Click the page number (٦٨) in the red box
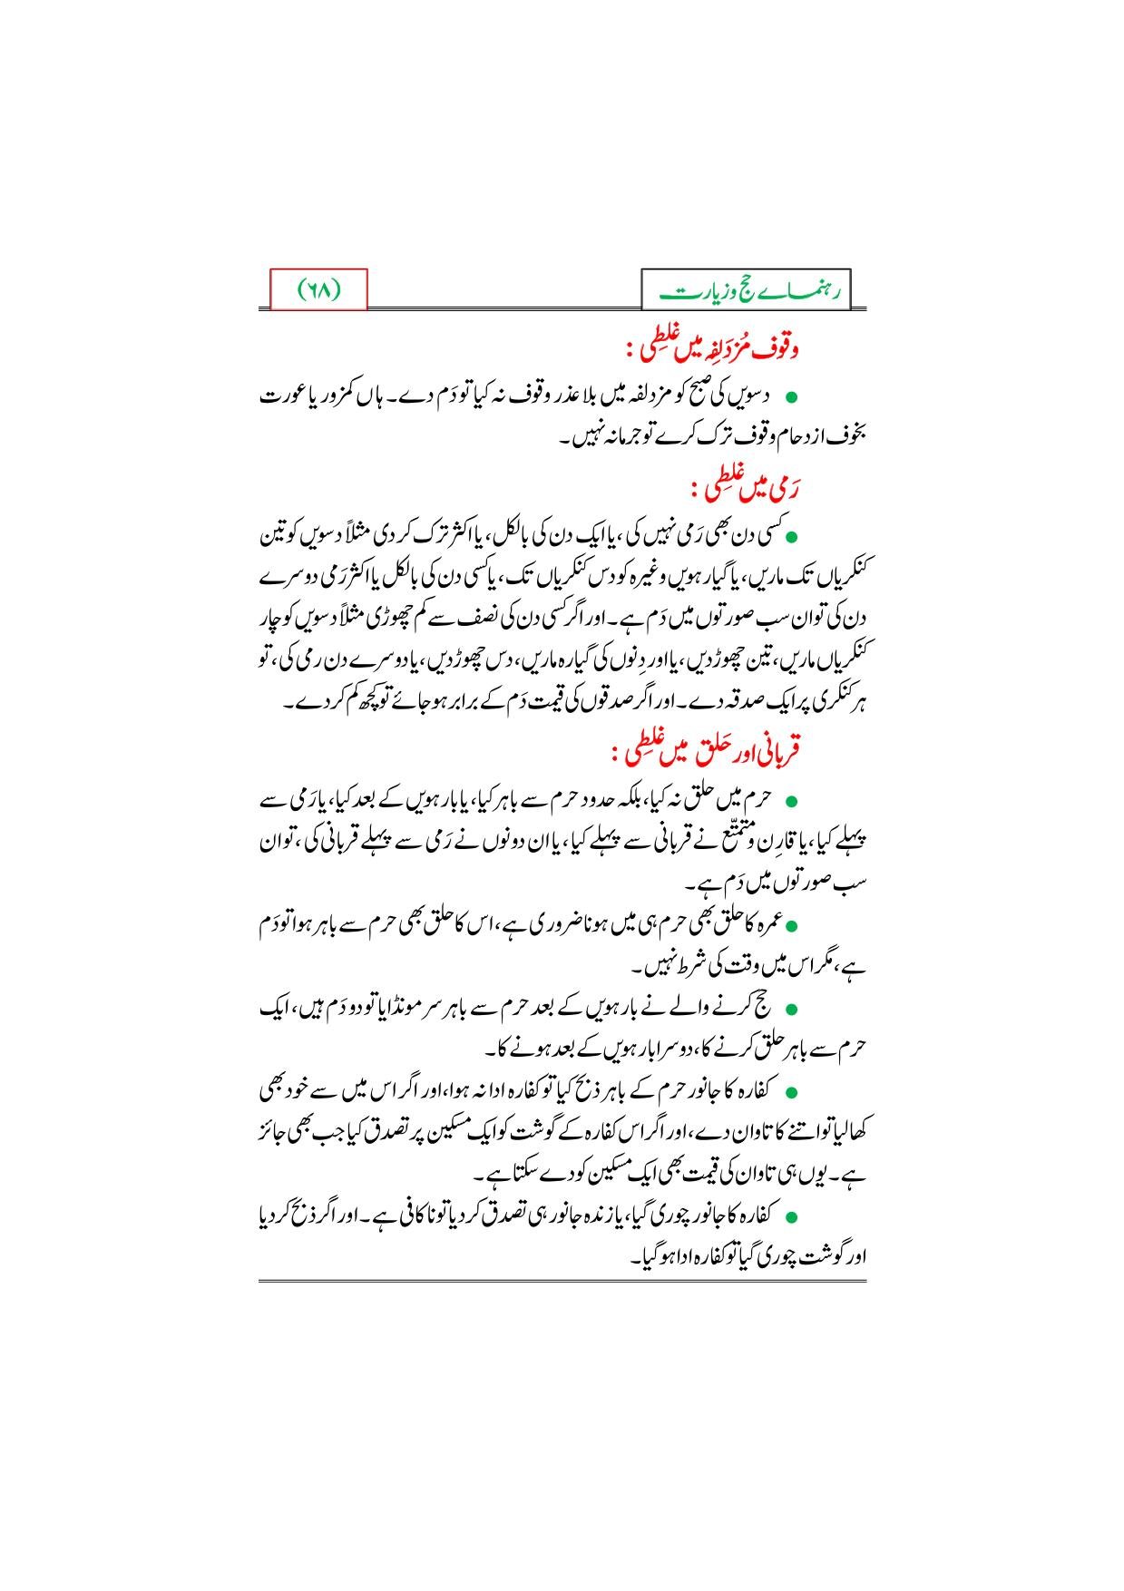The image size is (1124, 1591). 318,290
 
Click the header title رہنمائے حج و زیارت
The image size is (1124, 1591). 745,291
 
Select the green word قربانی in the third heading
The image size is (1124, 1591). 777,752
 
